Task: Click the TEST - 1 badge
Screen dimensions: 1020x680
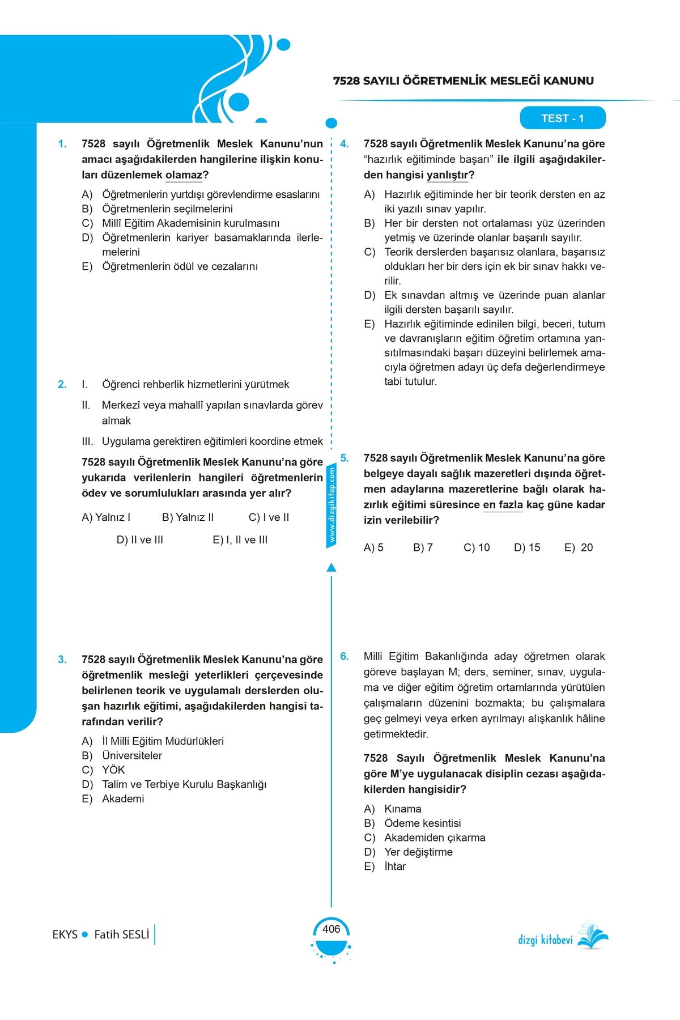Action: click(x=562, y=118)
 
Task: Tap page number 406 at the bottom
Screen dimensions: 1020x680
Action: click(x=331, y=929)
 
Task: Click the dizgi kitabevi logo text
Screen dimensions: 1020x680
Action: click(x=545, y=940)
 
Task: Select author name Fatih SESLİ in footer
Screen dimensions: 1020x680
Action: click(x=121, y=934)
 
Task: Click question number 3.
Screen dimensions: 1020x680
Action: click(x=62, y=660)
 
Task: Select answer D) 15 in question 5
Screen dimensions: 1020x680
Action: click(x=527, y=548)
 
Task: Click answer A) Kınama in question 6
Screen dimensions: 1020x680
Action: click(x=392, y=809)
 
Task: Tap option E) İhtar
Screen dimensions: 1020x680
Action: click(x=385, y=866)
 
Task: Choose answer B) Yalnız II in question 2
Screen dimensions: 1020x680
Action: click(x=188, y=517)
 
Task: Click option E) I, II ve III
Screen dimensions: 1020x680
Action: click(x=240, y=540)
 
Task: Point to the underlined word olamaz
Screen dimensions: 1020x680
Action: click(x=184, y=175)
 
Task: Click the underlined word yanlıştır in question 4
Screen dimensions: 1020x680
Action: click(x=447, y=175)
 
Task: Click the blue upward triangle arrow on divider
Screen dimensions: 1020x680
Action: click(x=331, y=567)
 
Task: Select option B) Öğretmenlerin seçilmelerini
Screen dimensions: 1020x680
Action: click(x=158, y=209)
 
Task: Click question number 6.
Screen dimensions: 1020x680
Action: click(x=345, y=657)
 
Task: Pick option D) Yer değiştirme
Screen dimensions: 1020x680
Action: click(x=408, y=852)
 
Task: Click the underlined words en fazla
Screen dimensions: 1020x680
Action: click(x=503, y=505)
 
